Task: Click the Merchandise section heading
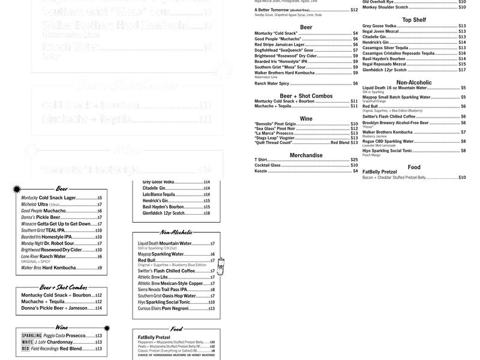(x=306, y=155)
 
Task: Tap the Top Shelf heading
(x=415, y=20)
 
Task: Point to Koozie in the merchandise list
(x=260, y=171)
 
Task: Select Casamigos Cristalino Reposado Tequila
(x=398, y=53)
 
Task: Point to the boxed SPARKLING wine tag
(x=32, y=335)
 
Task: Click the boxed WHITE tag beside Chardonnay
(x=26, y=342)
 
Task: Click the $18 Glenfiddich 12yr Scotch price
(x=206, y=213)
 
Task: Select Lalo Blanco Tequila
(x=159, y=194)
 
